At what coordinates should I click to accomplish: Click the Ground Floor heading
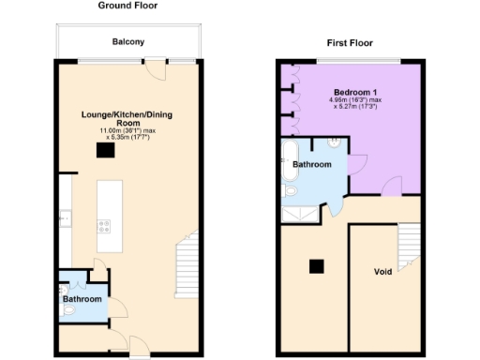tap(127, 6)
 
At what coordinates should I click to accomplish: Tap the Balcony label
tap(127, 42)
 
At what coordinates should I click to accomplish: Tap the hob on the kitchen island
tap(105, 225)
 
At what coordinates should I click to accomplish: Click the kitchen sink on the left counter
tap(63, 217)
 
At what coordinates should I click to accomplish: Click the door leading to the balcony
tap(154, 67)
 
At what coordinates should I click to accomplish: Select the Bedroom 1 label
tap(352, 91)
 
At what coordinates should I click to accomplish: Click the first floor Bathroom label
tap(313, 164)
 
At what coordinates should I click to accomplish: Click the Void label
tap(382, 272)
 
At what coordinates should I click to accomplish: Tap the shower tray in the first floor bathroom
tap(300, 215)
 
